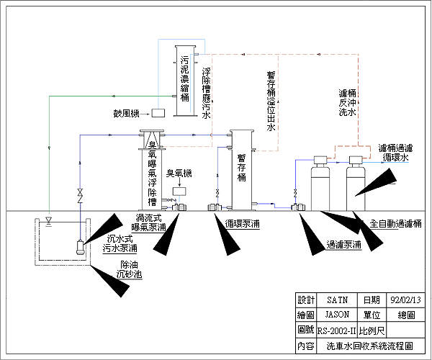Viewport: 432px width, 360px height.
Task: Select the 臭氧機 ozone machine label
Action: click(x=179, y=174)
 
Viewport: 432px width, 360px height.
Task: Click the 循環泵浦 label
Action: click(x=243, y=224)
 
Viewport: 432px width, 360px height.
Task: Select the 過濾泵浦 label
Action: click(x=343, y=245)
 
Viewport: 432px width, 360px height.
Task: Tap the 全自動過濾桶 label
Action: click(x=395, y=224)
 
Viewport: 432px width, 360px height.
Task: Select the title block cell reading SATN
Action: click(x=337, y=300)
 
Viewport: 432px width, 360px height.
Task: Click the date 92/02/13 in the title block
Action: click(x=404, y=300)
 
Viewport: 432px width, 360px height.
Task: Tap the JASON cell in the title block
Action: click(x=337, y=315)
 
